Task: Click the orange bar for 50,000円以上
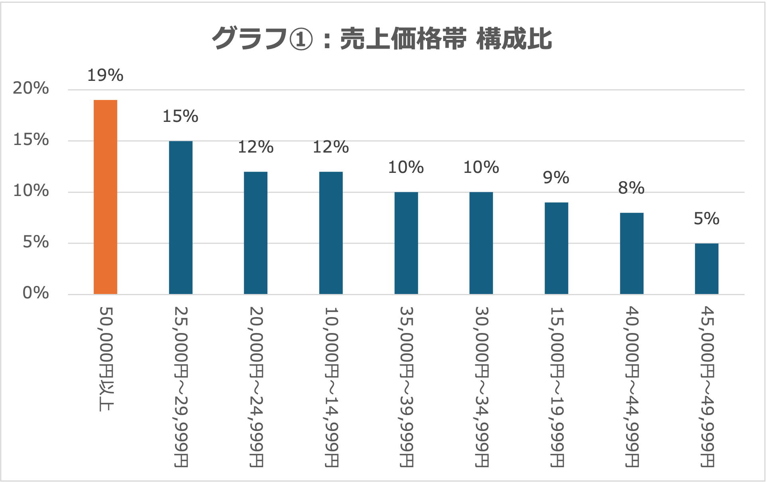click(x=106, y=197)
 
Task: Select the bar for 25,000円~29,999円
click(x=180, y=217)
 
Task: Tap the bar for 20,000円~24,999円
click(x=256, y=233)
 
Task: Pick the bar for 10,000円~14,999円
click(x=331, y=233)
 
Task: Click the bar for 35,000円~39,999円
click(x=406, y=243)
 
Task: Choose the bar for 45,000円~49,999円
click(x=706, y=268)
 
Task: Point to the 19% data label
click(x=105, y=75)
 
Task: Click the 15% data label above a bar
click(x=180, y=116)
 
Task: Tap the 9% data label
click(x=556, y=178)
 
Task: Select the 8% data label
click(x=631, y=188)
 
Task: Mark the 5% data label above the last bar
click(x=706, y=219)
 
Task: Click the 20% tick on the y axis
click(x=31, y=88)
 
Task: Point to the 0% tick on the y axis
click(x=35, y=293)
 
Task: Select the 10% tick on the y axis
click(x=31, y=191)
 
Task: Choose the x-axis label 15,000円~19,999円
click(x=557, y=386)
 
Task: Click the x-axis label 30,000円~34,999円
click(x=481, y=386)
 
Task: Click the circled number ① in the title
click(x=301, y=39)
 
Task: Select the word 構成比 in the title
click(x=514, y=39)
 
